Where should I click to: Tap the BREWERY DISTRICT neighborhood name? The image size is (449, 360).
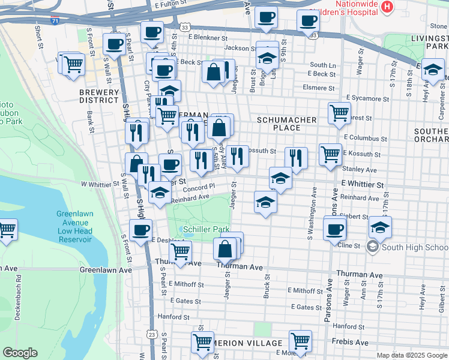coord(98,96)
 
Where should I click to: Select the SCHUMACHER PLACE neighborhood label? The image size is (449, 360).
coord(286,124)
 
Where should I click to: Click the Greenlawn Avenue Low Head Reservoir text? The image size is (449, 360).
coord(75,227)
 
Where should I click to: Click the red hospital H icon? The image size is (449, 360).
coord(387,7)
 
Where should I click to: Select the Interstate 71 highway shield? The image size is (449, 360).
coord(55,21)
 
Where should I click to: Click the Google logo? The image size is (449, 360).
coord(20,353)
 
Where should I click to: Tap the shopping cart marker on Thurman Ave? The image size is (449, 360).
coord(181,251)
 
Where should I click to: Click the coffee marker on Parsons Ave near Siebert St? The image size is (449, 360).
coord(334,228)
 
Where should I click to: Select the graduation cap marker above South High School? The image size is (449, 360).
coord(380,227)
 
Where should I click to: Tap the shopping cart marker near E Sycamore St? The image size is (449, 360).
coord(339,112)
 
